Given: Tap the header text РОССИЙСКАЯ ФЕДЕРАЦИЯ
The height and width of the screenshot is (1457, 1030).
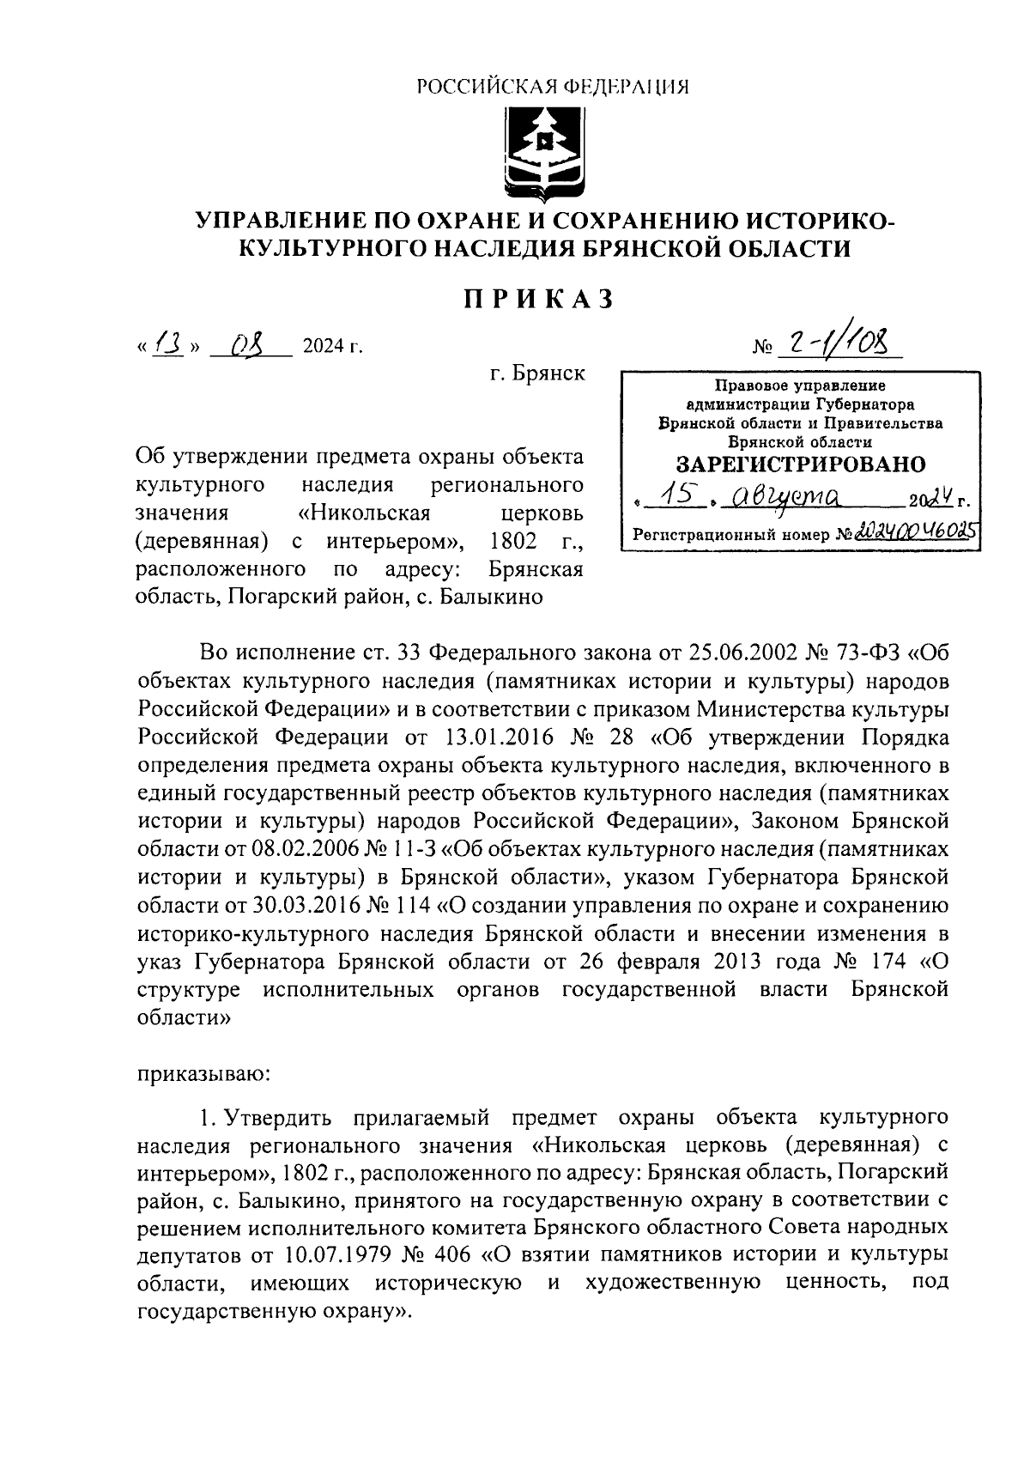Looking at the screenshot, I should click(x=553, y=86).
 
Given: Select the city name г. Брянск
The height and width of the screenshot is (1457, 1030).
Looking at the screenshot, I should click(x=537, y=373).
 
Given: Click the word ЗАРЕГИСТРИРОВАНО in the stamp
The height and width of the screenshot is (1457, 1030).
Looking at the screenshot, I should click(x=800, y=464).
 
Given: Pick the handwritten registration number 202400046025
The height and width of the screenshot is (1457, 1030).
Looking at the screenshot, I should click(x=920, y=532).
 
